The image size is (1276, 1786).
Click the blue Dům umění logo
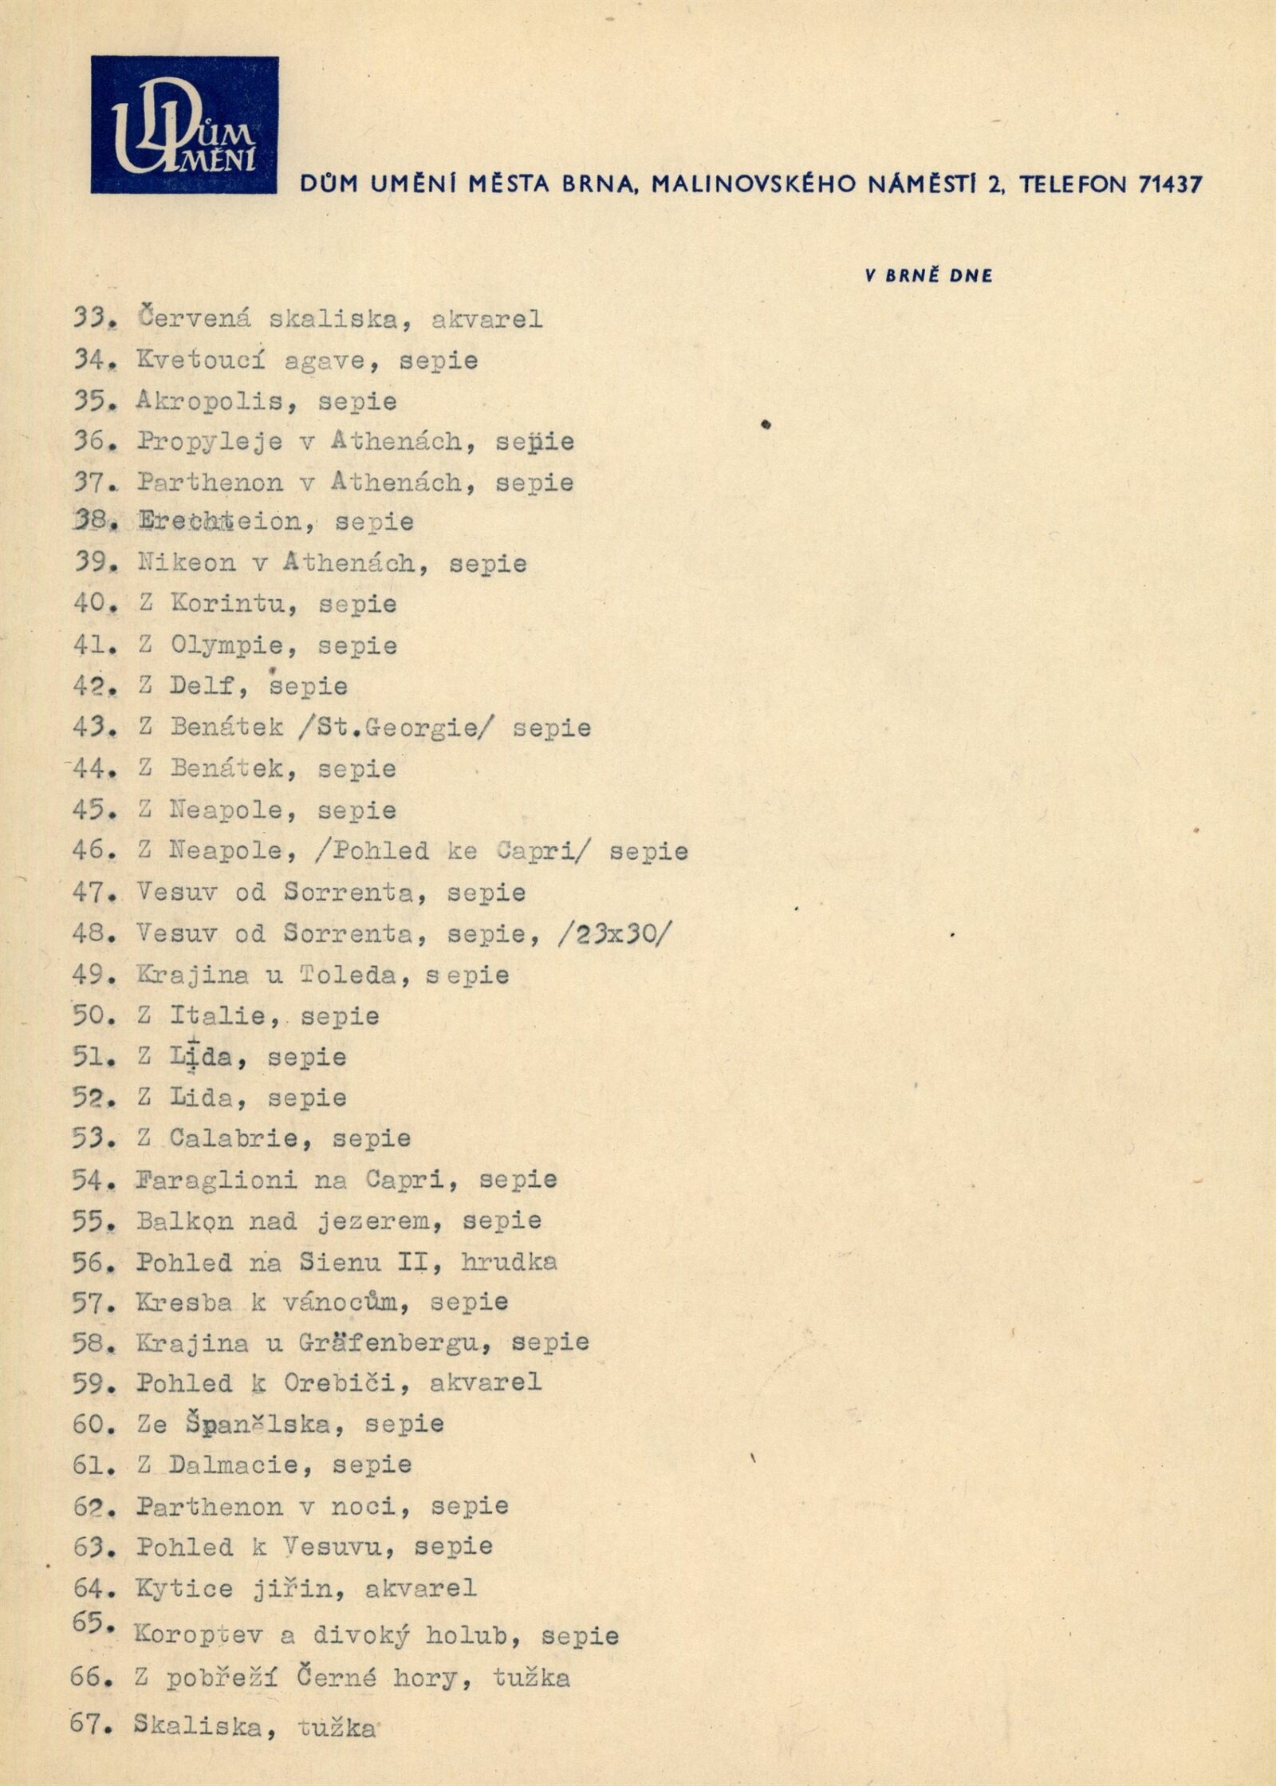[x=184, y=124]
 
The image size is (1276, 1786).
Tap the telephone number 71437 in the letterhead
[x=1170, y=184]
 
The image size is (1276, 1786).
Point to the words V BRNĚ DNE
[x=929, y=276]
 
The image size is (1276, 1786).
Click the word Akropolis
[x=210, y=400]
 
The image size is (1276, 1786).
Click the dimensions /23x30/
[x=614, y=933]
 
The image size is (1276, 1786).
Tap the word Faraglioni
[x=216, y=1179]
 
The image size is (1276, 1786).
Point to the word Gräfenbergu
[x=395, y=1343]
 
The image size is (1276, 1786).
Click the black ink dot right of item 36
[x=766, y=425]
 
